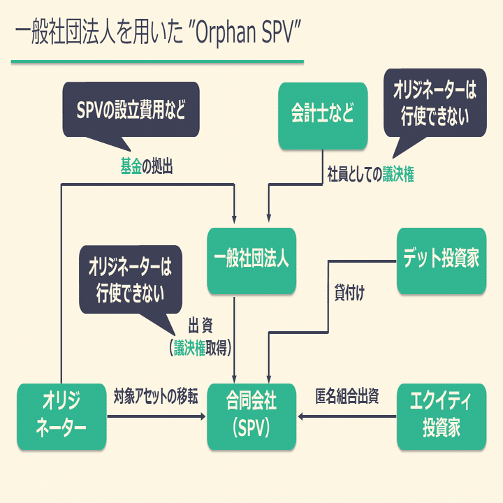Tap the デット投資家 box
click(441, 260)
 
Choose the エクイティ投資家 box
click(441, 416)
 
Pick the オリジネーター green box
click(61, 416)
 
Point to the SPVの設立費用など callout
click(131, 110)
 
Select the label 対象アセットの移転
click(156, 398)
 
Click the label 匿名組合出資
click(347, 398)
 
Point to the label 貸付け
click(349, 293)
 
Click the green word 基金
click(131, 168)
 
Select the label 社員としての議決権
click(370, 176)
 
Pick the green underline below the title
click(157, 62)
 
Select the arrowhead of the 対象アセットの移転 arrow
click(203, 417)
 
